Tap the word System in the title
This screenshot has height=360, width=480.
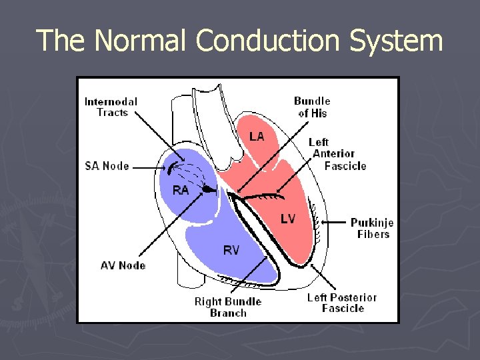click(397, 41)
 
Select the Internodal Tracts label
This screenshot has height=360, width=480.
click(111, 107)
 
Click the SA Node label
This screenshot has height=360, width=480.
click(107, 165)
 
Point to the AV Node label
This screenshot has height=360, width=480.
click(123, 265)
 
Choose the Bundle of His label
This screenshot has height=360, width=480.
click(312, 107)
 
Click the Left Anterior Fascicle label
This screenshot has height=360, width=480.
click(337, 154)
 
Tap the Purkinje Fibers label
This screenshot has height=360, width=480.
click(372, 228)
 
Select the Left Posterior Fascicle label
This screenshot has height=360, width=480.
click(342, 303)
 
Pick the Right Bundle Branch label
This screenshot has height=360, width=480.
click(228, 307)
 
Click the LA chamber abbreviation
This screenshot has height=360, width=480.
click(257, 136)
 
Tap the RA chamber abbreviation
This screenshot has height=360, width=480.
click(181, 190)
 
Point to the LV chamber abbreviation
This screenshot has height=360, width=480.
click(288, 218)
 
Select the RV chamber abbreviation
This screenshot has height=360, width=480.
click(231, 250)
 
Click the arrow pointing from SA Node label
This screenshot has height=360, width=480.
click(148, 166)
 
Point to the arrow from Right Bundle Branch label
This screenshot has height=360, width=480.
click(250, 273)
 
